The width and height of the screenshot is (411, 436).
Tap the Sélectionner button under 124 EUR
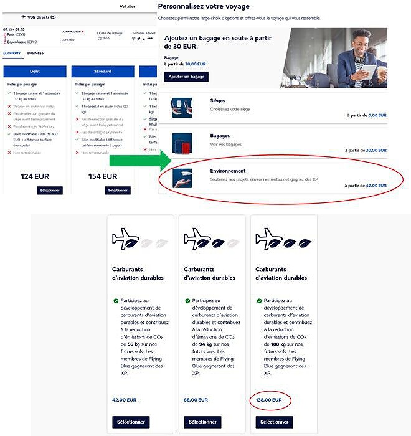point(50,190)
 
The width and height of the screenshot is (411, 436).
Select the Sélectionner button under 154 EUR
point(118,190)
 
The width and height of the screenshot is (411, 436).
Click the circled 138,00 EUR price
point(269,400)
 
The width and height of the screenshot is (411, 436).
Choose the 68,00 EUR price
point(196,400)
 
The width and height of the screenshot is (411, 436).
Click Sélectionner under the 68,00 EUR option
point(202,422)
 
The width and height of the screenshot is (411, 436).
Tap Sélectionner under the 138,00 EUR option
point(274,422)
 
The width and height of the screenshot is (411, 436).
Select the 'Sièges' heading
point(218,100)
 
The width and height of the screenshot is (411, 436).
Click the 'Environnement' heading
point(228,171)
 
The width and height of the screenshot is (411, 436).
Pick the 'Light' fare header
point(34,71)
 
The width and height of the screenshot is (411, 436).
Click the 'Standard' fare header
point(103,71)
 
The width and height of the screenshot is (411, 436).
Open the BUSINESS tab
point(35,54)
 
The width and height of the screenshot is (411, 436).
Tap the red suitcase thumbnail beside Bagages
point(182,144)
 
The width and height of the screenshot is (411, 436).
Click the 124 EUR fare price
point(35,176)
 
